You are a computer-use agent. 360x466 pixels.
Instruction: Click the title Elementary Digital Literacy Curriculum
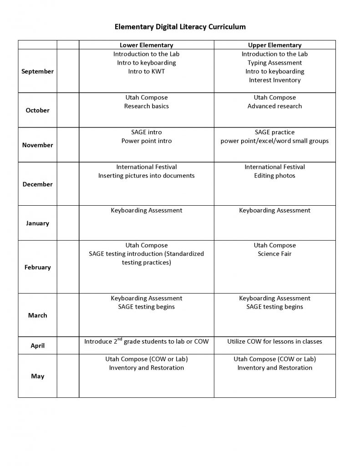tap(180, 27)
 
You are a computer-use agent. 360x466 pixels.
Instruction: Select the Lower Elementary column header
tap(146, 45)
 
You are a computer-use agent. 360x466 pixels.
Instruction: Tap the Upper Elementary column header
tap(274, 45)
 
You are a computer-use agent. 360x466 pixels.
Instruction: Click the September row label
tap(37, 71)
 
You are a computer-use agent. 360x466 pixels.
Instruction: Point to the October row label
tap(37, 110)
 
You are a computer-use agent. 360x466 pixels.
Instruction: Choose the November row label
tap(37, 145)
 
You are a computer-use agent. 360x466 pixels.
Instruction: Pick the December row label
tap(37, 184)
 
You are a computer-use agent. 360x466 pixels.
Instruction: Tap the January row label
tap(37, 223)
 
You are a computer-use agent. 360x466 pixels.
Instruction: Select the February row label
tap(37, 267)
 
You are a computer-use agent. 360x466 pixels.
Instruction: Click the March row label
tap(37, 315)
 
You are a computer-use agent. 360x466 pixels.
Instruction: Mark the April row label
tap(37, 346)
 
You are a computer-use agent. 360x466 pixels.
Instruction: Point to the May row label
tap(37, 376)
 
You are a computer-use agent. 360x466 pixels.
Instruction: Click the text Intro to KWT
tap(146, 71)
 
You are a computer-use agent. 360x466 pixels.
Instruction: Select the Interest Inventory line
tap(274, 80)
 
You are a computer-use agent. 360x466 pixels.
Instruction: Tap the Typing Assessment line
tap(274, 63)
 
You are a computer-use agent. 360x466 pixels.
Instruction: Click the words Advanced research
tap(274, 106)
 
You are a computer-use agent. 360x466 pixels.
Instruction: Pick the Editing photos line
tap(274, 176)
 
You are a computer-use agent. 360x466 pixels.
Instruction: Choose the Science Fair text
tap(274, 254)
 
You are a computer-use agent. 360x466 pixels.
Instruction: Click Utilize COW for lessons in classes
tap(274, 341)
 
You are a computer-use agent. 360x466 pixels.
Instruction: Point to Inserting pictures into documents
tap(146, 176)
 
